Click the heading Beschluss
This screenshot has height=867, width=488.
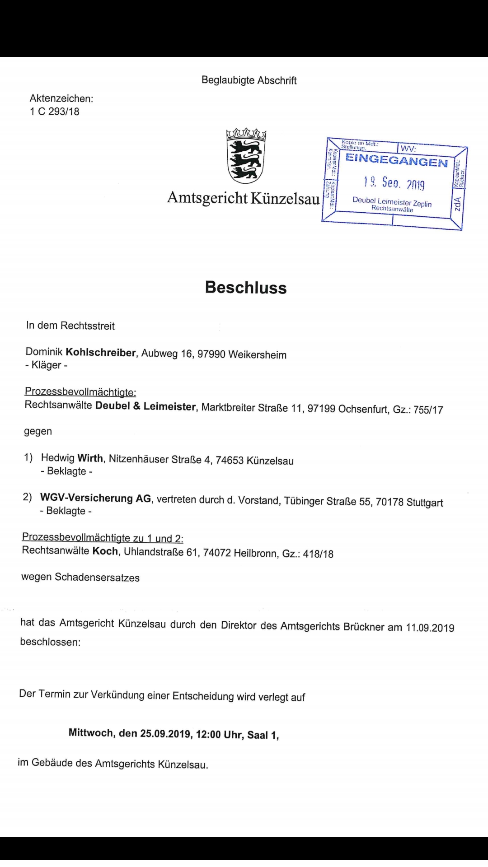coord(246,288)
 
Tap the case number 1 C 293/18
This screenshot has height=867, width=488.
coord(55,112)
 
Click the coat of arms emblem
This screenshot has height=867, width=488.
coord(246,156)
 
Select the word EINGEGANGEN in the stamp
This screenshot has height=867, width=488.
coord(396,160)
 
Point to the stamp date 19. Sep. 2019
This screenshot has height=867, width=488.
coord(394,183)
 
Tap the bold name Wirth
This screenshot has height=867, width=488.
coord(90,458)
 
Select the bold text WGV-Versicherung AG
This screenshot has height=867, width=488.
coord(96,498)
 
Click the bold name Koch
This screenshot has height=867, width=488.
coord(105,551)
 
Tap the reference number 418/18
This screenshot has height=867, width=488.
coord(318,554)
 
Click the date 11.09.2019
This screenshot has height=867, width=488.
coord(430,627)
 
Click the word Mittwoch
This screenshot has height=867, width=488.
coord(91,732)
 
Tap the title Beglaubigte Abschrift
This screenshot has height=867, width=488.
coord(249,80)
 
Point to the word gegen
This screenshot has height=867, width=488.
coord(38,431)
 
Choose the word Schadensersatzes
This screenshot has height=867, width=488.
coord(97,578)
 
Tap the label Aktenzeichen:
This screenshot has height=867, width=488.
coord(61,98)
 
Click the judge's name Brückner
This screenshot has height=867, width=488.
coord(364,627)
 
